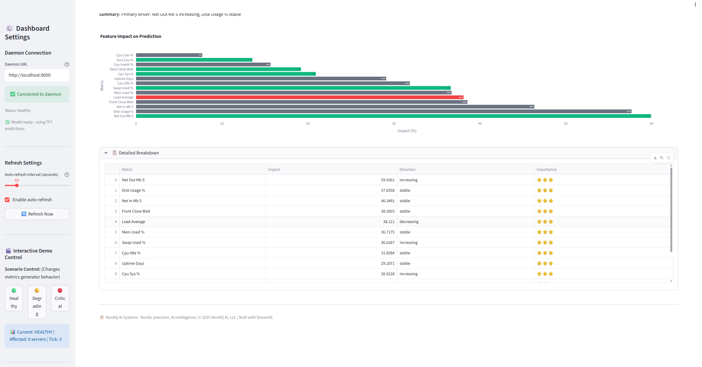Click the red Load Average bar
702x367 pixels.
coord(300,97)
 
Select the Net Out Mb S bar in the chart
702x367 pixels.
coord(393,116)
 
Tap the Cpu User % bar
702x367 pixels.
coord(169,55)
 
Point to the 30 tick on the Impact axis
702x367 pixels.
coord(394,123)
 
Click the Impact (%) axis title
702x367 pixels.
coord(407,131)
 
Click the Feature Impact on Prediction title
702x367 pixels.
coord(131,36)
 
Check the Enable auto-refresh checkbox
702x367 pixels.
coord(7,200)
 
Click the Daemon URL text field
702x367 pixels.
coord(37,75)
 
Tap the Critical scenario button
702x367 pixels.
coord(60,298)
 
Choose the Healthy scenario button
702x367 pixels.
coord(14,298)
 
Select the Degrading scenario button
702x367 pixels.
coord(37,302)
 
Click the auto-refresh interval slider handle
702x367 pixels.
coord(17,185)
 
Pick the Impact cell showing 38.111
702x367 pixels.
coord(331,222)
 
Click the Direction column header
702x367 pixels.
coord(407,169)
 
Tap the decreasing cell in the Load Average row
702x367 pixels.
coord(409,222)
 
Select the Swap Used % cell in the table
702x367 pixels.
coord(134,242)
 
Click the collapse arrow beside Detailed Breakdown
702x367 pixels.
coord(106,153)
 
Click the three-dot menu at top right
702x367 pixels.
coord(695,4)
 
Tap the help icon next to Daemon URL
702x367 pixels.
coord(67,64)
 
